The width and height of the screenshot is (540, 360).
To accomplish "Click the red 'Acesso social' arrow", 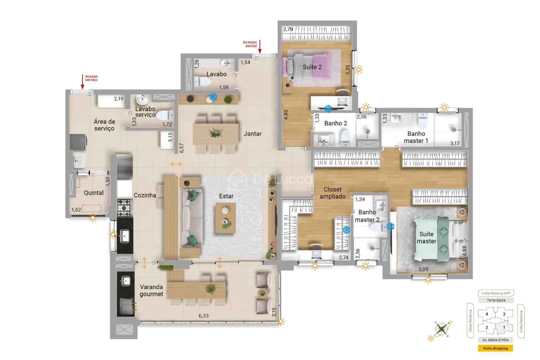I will (x=260, y=47).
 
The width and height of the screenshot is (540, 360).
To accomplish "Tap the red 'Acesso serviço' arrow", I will (x=82, y=82).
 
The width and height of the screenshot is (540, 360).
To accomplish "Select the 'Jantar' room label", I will (x=252, y=134).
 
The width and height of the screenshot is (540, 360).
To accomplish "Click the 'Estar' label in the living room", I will (x=226, y=196).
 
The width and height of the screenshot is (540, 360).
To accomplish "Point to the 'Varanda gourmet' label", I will (x=151, y=291).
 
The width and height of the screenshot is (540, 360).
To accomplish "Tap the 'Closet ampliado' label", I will (x=332, y=193).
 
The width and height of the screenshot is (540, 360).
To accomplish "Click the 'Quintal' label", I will (x=94, y=193).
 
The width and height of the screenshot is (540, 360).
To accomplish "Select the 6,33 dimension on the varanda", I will (x=203, y=316).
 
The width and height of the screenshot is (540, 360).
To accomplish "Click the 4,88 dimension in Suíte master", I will (x=464, y=251).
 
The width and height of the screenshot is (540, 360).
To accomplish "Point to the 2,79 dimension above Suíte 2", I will (x=288, y=30).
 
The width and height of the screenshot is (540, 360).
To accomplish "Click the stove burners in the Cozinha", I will (x=124, y=208).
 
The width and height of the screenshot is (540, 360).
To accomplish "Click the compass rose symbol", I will (x=442, y=328).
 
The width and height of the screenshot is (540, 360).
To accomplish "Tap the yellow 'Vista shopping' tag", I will (x=495, y=348).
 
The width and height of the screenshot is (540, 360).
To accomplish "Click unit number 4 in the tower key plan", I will (x=487, y=314).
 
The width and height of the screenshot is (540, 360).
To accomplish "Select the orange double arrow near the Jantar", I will (x=176, y=164).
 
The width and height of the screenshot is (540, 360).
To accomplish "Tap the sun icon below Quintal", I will (x=93, y=217).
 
